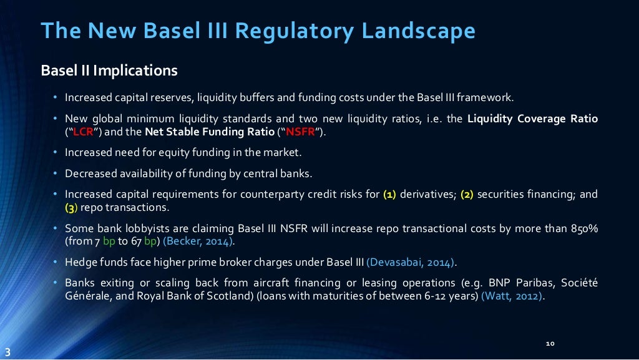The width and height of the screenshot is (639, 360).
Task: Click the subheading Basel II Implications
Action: click(x=109, y=71)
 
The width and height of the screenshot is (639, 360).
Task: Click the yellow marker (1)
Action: click(x=389, y=195)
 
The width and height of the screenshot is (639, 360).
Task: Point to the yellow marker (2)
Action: click(x=467, y=195)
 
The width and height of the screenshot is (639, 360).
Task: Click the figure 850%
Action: click(x=584, y=228)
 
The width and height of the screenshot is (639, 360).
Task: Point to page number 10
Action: click(x=550, y=344)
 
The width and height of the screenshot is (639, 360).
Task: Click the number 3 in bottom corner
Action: click(x=7, y=351)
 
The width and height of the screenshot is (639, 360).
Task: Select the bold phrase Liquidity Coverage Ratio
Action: click(x=532, y=119)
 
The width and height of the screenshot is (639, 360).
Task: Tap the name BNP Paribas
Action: click(x=519, y=283)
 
